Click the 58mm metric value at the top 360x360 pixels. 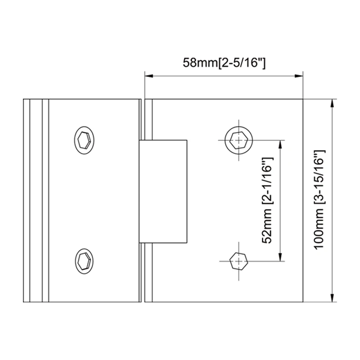click(199, 63)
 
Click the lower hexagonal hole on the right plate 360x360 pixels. click(238, 261)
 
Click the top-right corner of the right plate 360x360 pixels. click(302, 99)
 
